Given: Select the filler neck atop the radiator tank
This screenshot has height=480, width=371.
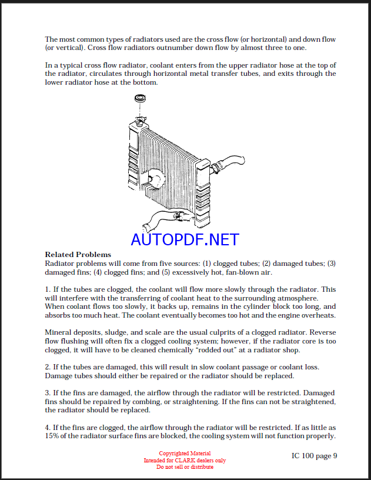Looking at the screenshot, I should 139,122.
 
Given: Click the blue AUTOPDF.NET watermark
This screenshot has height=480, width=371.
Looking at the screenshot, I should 185,239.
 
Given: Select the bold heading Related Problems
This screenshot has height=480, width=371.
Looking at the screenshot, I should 78,255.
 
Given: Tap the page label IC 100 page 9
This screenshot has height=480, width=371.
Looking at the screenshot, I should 315,455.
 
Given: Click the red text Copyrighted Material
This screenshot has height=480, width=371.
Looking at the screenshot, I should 185,454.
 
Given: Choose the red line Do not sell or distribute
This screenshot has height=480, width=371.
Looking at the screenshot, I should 185,466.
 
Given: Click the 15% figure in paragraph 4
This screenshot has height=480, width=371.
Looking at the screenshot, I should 52,436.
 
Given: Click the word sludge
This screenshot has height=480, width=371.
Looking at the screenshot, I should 109,332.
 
